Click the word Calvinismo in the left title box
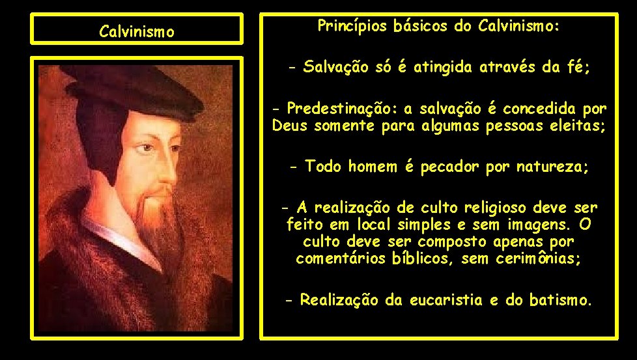pyautogui.click(x=136, y=31)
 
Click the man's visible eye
pyautogui.click(x=150, y=148)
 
